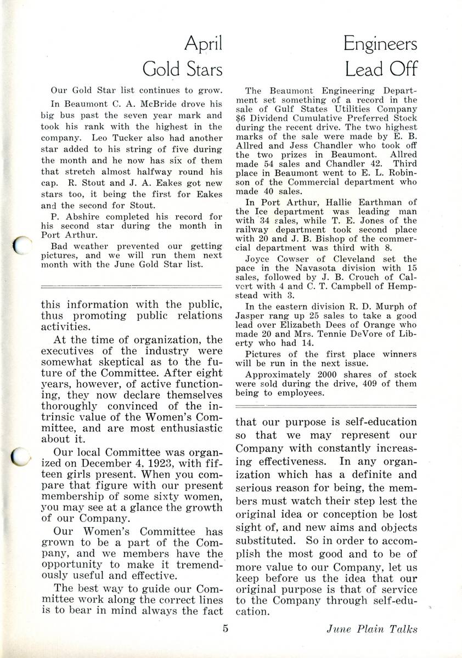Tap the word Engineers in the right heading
point(380,44)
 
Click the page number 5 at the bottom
point(226,628)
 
